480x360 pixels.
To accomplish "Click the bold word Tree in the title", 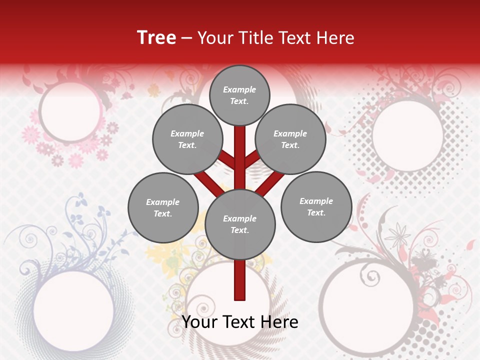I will [x=156, y=38].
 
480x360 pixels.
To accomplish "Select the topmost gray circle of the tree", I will [x=239, y=95].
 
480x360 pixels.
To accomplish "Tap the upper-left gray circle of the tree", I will [x=187, y=139].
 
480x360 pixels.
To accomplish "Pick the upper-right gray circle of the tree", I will [x=290, y=139].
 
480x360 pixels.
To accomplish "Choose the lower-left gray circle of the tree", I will [x=163, y=207].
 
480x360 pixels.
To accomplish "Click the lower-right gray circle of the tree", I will [x=316, y=206].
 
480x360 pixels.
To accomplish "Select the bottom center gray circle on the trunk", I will [x=239, y=224].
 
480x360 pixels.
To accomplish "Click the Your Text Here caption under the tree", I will [x=239, y=321].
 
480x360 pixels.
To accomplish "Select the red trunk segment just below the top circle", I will [x=239, y=140].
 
